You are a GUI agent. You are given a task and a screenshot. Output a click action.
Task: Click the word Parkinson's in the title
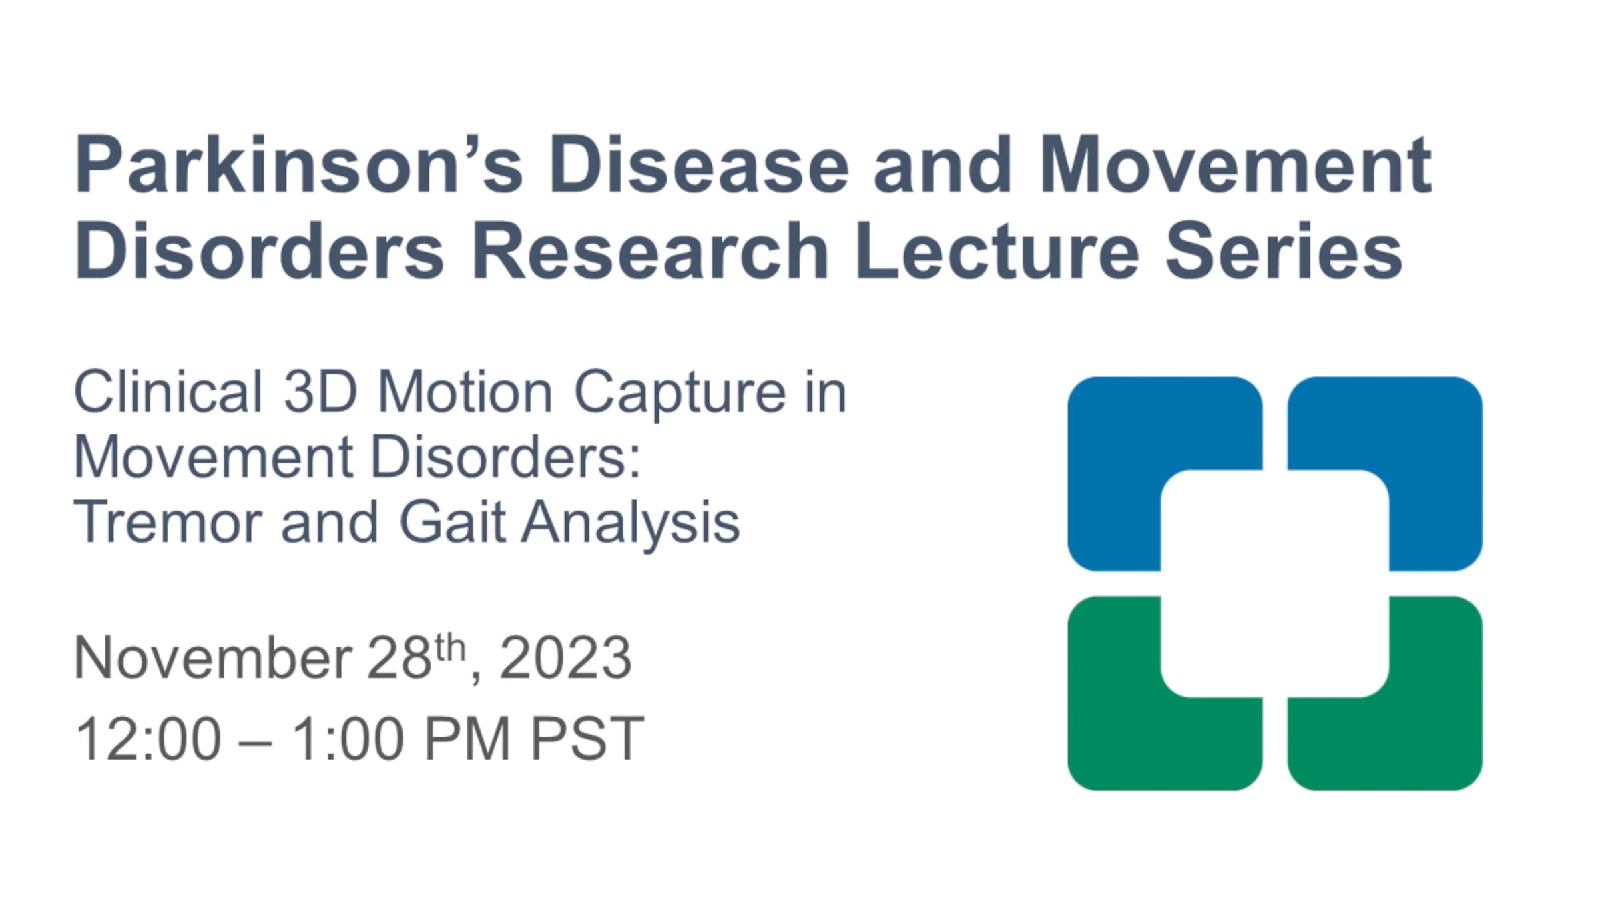coord(299,165)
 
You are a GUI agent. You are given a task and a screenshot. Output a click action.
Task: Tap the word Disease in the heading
coord(699,165)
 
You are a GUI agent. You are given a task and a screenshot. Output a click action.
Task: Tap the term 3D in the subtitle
coord(321,392)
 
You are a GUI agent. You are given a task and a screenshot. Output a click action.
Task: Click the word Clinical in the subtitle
coord(168,392)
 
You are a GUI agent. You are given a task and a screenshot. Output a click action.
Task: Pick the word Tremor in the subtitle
coord(168,523)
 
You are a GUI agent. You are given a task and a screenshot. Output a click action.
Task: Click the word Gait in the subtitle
coord(452,523)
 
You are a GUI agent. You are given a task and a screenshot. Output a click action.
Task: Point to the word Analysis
coord(631,525)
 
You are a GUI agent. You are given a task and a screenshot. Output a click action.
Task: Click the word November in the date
coord(213,659)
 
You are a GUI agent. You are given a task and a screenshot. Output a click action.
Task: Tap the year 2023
coord(565,659)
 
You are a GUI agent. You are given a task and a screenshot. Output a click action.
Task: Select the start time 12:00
coord(148,739)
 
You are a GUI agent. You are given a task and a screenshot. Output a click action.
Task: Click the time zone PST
coord(587,739)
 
